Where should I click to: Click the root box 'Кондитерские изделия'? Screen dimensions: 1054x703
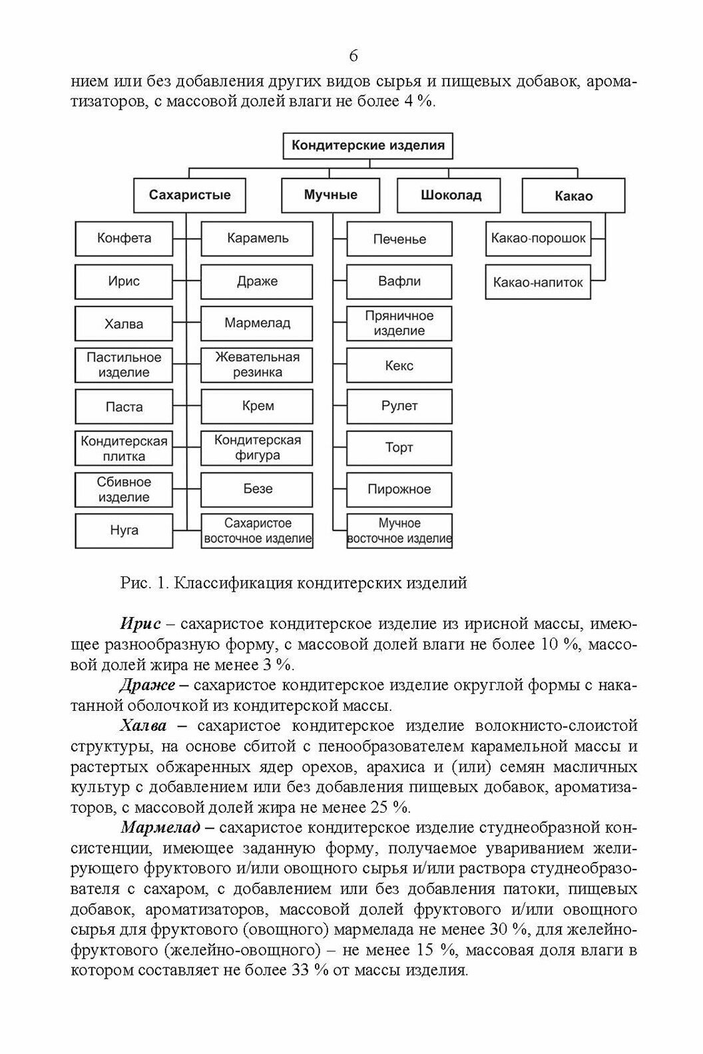point(368,145)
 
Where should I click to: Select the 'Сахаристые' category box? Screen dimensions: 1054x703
point(190,195)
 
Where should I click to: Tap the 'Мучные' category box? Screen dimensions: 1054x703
point(331,195)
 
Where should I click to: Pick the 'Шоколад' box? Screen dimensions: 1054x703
point(451,196)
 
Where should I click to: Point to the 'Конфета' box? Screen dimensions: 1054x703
point(124,239)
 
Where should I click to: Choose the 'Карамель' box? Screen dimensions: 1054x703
point(257,239)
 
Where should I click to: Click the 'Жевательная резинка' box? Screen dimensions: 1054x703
point(257,364)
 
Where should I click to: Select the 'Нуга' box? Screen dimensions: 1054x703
point(124,530)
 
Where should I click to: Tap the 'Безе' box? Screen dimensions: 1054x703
point(257,488)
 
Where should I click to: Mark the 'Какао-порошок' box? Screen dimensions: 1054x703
point(538,239)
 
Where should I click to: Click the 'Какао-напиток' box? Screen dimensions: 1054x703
point(538,282)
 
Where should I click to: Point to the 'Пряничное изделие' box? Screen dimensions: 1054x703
point(399,323)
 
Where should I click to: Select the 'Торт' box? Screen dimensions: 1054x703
point(399,448)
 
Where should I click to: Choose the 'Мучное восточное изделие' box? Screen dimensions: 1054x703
point(399,531)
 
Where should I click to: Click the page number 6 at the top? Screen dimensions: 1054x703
point(353,55)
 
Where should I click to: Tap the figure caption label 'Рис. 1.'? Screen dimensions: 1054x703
point(144,583)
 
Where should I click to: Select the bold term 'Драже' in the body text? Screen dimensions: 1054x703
point(147,685)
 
